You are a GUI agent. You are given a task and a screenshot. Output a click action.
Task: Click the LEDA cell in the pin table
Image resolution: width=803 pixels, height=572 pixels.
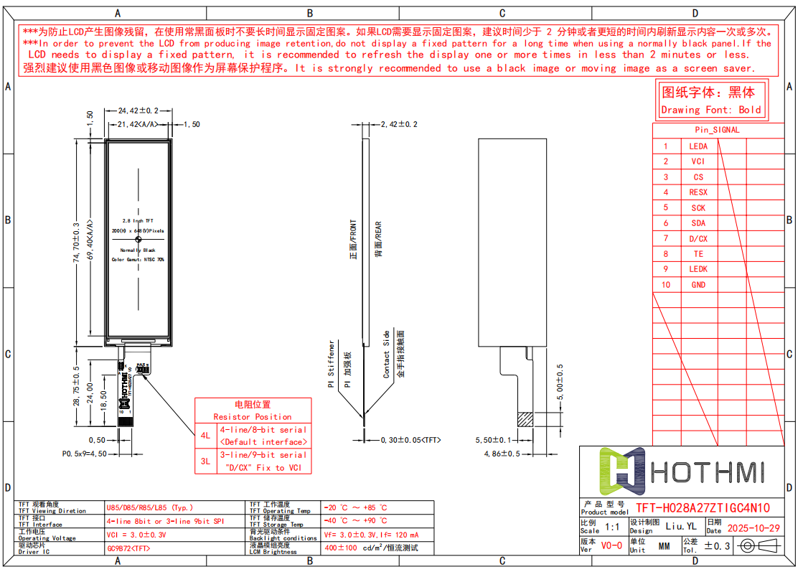698,146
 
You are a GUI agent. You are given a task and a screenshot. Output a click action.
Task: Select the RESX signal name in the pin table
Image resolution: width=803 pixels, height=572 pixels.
698,192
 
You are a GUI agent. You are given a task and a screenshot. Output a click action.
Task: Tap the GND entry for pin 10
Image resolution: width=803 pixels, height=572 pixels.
698,285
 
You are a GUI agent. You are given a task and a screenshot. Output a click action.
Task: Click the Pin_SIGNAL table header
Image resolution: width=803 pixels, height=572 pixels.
717,130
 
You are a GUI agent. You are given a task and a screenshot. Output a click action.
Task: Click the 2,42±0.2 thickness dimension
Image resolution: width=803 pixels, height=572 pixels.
399,124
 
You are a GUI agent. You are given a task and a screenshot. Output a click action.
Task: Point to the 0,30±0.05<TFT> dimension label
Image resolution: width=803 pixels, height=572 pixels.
410,439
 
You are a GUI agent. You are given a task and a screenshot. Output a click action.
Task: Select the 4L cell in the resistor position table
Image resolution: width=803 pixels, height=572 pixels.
205,436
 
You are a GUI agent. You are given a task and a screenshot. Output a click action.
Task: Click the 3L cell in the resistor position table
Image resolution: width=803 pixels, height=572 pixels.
205,461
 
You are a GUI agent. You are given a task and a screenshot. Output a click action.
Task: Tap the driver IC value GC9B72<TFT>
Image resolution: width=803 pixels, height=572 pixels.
128,548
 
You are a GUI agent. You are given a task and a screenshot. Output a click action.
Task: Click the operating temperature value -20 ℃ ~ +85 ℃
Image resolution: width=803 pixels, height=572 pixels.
355,507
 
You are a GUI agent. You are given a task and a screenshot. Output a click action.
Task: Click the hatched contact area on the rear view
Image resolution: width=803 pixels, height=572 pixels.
525,418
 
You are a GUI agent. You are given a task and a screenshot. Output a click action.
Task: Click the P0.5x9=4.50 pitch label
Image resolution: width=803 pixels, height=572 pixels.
84,454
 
